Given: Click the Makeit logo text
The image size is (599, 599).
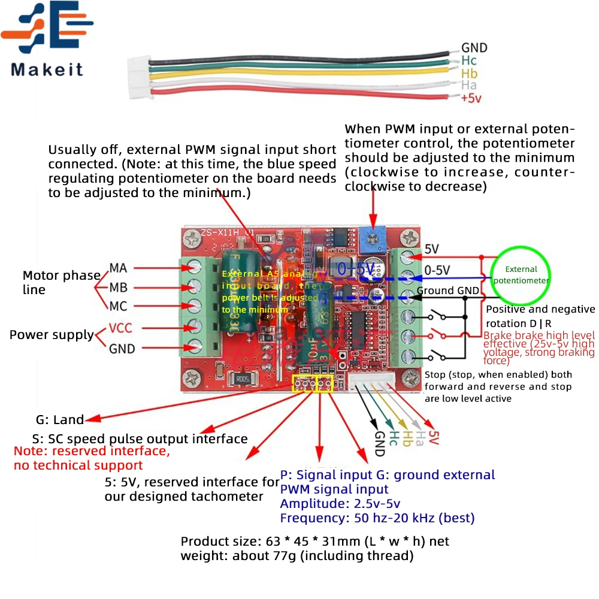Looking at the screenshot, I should (47, 69).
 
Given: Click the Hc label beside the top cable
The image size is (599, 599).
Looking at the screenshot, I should (469, 60).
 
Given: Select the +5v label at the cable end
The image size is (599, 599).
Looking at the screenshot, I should (471, 99).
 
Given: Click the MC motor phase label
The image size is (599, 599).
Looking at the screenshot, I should (118, 306).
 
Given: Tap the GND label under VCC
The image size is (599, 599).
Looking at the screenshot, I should (122, 349).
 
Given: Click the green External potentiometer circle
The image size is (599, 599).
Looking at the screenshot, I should (521, 275).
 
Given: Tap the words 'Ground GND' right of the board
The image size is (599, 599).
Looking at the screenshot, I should (447, 291).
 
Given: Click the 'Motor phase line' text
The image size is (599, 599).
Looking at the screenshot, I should (61, 282).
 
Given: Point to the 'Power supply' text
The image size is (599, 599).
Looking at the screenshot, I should (52, 335).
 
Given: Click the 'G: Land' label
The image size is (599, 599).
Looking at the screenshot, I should (60, 420).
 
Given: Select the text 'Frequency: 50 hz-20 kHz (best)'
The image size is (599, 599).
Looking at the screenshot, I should (377, 518).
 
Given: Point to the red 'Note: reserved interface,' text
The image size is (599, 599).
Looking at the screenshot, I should (92, 451).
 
